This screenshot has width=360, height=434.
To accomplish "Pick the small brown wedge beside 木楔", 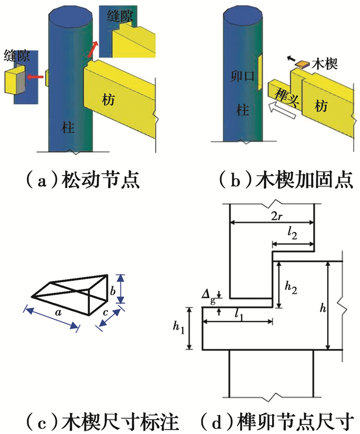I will coord(303,64).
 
